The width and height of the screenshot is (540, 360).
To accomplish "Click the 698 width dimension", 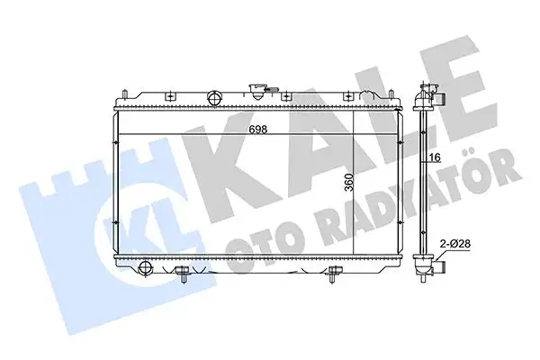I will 257,129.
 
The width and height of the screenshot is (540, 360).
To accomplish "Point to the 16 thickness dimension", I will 434,158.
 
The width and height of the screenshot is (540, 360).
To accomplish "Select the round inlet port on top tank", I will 215,97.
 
